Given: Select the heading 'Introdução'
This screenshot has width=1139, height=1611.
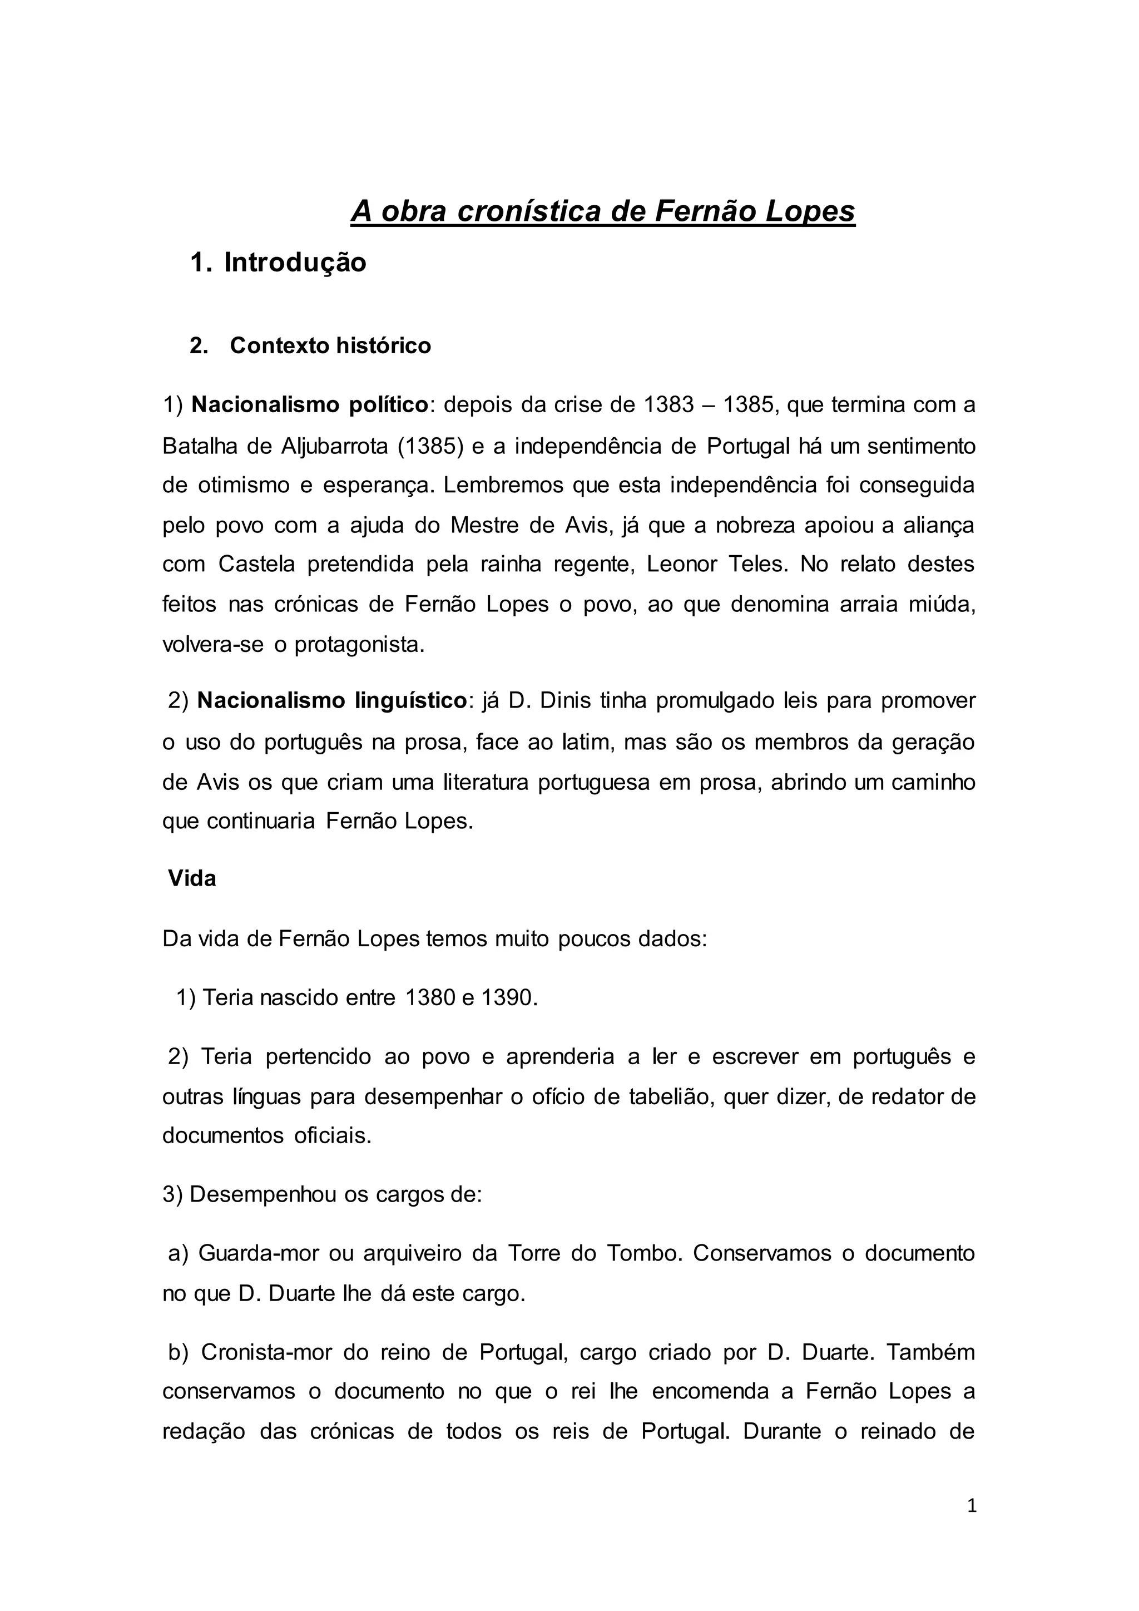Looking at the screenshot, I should click(x=295, y=263).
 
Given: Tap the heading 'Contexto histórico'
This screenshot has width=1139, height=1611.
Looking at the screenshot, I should click(x=330, y=345).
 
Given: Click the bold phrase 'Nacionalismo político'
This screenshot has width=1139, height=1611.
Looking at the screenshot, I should click(x=309, y=405).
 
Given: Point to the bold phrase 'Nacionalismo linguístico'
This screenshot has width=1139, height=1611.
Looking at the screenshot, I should click(x=331, y=700).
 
